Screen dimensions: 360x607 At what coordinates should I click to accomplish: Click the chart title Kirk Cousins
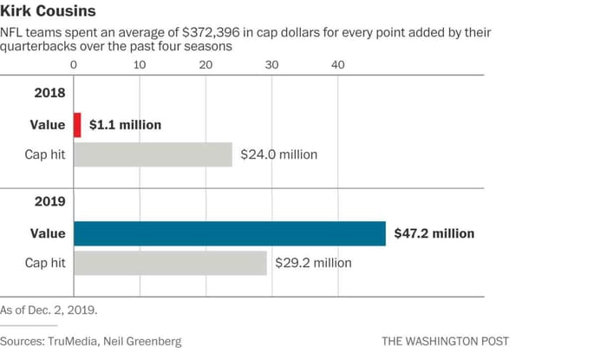coord(49,12)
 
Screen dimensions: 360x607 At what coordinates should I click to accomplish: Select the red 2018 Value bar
coord(77,125)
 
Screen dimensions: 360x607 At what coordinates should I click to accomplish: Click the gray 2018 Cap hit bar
coord(153,154)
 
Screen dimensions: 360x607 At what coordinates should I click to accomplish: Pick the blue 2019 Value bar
coord(230,233)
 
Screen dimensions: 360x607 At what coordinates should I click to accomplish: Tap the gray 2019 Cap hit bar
coord(170,263)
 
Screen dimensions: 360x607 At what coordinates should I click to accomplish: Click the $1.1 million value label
coord(125,125)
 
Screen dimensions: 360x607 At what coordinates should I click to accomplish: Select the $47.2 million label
coord(434,233)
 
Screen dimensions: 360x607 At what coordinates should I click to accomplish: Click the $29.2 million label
coord(313,263)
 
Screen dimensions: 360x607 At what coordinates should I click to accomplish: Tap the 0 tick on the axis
coord(75,64)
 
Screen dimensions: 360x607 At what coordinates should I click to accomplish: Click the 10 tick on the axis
coord(140,64)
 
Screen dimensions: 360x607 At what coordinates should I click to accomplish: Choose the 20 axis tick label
coord(206,64)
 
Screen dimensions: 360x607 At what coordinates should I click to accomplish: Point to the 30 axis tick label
coord(272,64)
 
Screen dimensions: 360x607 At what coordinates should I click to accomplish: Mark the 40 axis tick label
coord(338,64)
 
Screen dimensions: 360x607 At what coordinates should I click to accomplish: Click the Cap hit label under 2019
coord(44,263)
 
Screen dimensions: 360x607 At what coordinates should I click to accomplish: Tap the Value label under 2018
coord(47,125)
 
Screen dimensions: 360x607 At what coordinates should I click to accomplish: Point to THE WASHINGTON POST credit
coord(445,341)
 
